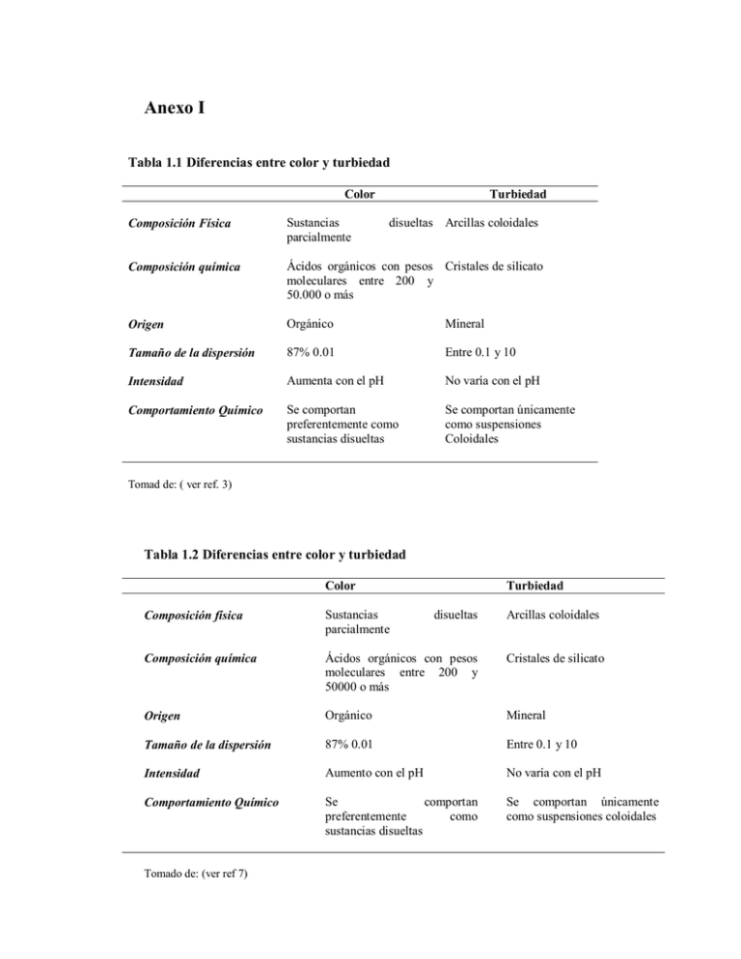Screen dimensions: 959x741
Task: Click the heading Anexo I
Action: pyautogui.click(x=169, y=107)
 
